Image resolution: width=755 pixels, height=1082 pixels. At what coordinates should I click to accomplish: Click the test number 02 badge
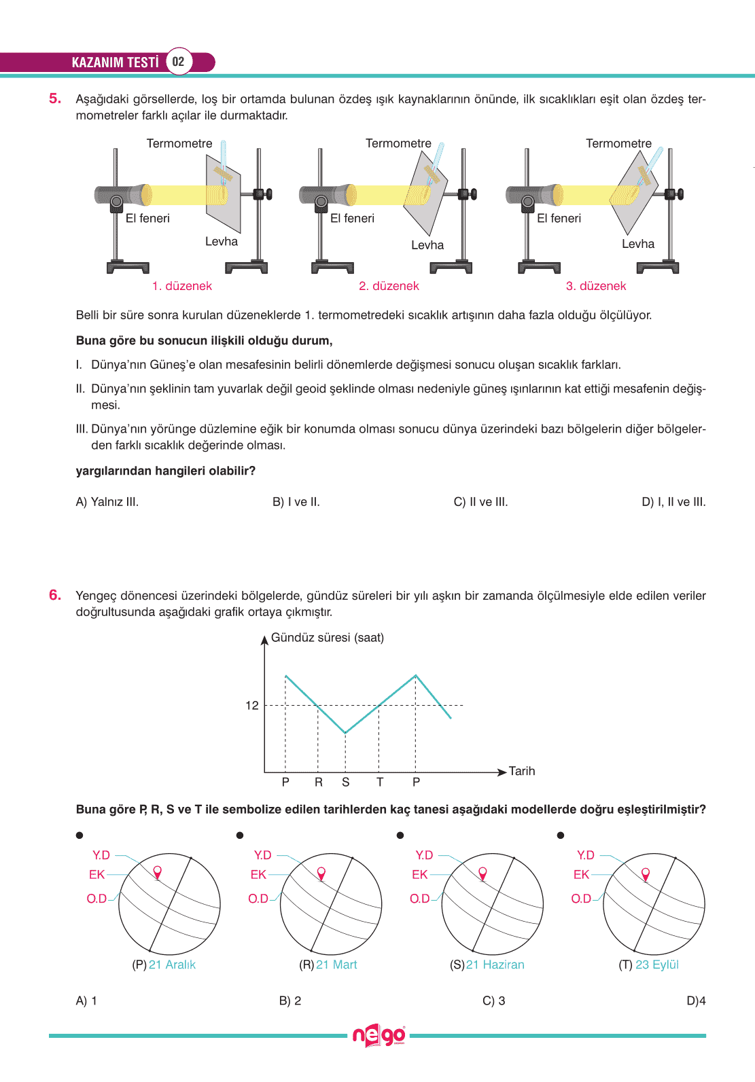pyautogui.click(x=178, y=62)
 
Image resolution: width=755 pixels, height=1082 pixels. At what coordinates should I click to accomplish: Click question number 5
pyautogui.click(x=55, y=98)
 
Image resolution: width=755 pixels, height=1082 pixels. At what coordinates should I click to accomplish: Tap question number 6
pyautogui.click(x=55, y=595)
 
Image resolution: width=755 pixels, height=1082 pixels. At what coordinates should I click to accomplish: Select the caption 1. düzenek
pyautogui.click(x=182, y=286)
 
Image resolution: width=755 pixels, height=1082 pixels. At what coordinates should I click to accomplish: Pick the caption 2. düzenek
pyautogui.click(x=389, y=286)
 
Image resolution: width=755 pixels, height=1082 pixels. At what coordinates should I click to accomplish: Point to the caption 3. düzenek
pyautogui.click(x=596, y=286)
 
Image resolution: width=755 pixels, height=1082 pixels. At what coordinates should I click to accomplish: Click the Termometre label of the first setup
pyautogui.click(x=179, y=143)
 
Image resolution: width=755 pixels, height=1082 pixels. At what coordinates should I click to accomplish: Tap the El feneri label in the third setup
pyautogui.click(x=559, y=218)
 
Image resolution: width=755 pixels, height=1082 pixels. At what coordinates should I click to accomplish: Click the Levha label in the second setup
pyautogui.click(x=427, y=245)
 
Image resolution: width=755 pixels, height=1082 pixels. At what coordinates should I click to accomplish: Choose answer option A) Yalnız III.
pyautogui.click(x=107, y=502)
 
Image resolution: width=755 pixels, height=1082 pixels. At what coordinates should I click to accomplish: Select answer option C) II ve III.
pyautogui.click(x=480, y=502)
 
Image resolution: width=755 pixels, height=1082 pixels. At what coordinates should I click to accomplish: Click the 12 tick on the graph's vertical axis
pyautogui.click(x=252, y=705)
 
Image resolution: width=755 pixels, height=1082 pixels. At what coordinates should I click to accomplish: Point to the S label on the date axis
pyautogui.click(x=346, y=782)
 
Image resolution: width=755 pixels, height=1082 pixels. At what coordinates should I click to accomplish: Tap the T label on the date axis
pyautogui.click(x=380, y=782)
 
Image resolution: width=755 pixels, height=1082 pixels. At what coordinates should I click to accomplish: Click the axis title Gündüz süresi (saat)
pyautogui.click(x=328, y=638)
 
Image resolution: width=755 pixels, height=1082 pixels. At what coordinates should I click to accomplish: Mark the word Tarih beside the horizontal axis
pyautogui.click(x=522, y=771)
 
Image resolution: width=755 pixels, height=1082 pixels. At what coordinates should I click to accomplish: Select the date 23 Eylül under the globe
pyautogui.click(x=657, y=964)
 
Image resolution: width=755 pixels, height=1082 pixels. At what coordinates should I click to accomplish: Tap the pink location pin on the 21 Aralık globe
pyautogui.click(x=158, y=871)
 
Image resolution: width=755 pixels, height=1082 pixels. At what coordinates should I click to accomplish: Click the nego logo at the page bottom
pyautogui.click(x=379, y=1036)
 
